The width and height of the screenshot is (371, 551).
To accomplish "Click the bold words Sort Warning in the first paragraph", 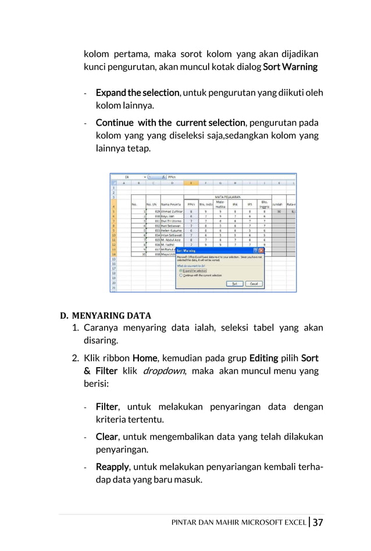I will coord(290,67).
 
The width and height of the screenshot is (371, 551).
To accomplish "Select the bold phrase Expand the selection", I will coord(137,93).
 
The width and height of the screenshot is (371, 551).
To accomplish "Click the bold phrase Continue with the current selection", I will coord(170,123).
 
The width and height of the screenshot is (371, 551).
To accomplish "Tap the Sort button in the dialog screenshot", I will coord(234,283).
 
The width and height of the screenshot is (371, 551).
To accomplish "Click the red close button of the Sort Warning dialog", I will coord(261,250).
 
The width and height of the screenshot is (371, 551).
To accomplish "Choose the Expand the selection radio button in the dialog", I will coord(181,271).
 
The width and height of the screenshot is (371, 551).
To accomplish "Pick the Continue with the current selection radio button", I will coord(181,275).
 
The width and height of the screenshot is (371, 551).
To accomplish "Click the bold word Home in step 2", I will coord(144,358).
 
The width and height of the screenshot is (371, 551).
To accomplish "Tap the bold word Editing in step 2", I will coord(263,358).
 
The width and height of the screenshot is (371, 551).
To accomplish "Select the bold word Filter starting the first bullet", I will coord(107,407).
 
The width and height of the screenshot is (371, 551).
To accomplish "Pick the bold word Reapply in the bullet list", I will coord(112,467).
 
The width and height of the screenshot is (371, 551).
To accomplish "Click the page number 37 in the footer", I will coord(318,522).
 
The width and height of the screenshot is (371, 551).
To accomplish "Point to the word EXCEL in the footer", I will coord(293,522).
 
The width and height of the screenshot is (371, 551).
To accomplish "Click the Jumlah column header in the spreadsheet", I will coord(279,204).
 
